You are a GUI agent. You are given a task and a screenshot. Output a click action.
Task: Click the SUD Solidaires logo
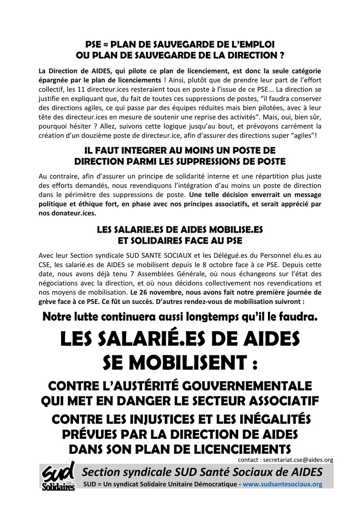click(59, 476)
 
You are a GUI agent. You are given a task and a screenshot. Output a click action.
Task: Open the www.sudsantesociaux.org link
click(282, 484)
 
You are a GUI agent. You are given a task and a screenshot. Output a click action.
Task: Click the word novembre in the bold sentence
click(163, 292)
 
